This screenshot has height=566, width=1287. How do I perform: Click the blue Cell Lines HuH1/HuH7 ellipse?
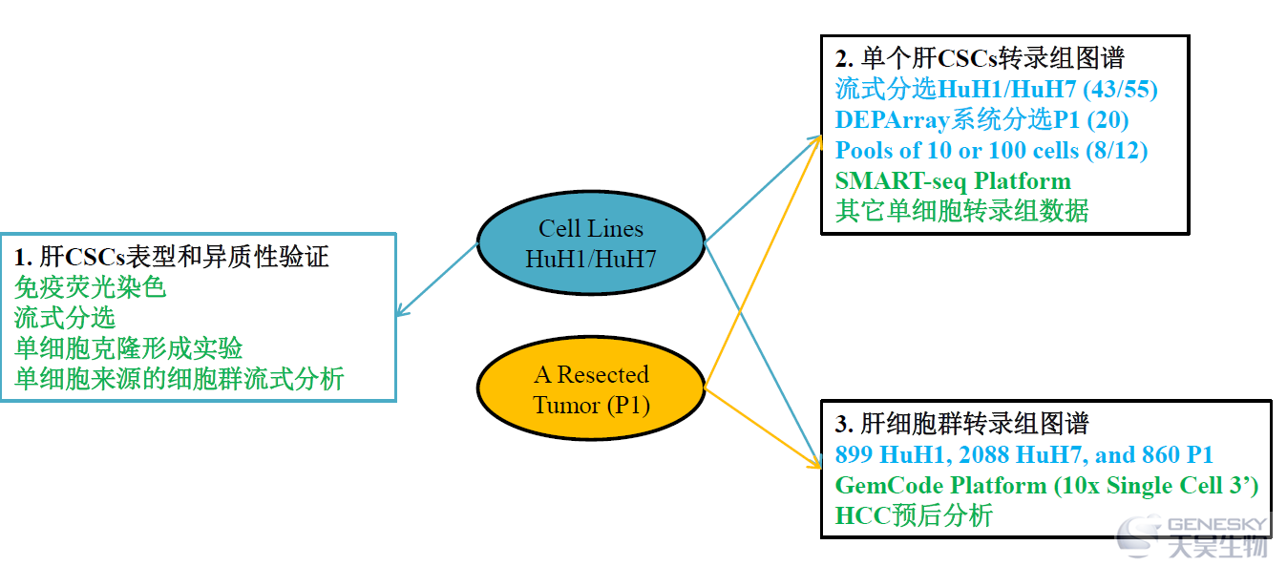click(591, 243)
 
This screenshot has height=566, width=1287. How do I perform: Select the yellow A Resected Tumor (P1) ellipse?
click(591, 388)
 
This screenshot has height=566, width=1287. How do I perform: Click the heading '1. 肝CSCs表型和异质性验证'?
click(171, 257)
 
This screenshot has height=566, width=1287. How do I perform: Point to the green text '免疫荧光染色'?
click(90, 286)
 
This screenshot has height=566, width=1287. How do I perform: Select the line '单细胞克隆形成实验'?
click(128, 348)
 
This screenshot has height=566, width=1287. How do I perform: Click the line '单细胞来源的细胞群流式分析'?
click(179, 379)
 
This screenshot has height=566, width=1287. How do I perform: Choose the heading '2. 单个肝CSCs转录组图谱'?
click(980, 58)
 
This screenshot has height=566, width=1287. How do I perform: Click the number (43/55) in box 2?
click(1120, 89)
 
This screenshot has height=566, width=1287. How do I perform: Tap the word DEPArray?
click(893, 120)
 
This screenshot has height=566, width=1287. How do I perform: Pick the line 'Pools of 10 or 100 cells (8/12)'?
click(991, 151)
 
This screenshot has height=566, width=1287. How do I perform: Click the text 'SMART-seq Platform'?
click(953, 181)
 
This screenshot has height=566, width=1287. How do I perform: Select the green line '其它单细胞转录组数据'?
click(961, 211)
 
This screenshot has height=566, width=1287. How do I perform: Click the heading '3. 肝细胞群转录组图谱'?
click(961, 424)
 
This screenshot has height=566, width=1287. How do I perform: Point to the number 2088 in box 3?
click(983, 454)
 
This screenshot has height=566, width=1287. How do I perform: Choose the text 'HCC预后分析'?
click(914, 515)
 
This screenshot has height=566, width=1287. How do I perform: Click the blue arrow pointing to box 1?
click(437, 280)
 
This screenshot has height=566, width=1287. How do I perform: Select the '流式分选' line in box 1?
click(64, 318)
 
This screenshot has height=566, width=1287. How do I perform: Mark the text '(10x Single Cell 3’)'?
click(1156, 486)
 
